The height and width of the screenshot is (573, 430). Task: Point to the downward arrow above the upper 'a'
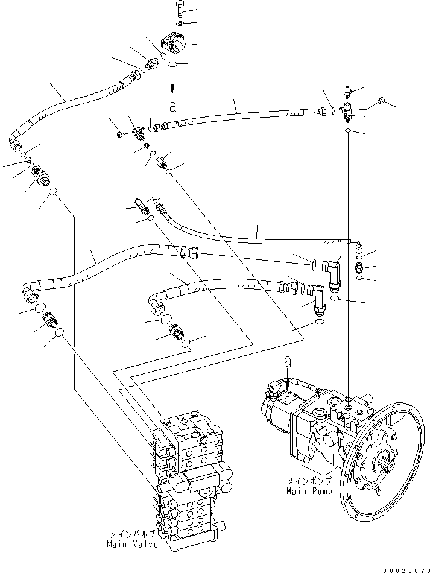point(172,83)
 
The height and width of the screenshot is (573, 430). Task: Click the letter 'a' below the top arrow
point(173,106)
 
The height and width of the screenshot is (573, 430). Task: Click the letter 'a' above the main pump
point(288,362)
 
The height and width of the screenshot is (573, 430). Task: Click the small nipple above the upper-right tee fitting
point(347,92)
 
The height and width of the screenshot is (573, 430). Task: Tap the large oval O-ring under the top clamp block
point(172,64)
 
